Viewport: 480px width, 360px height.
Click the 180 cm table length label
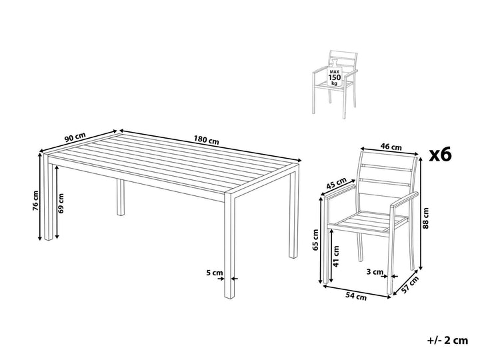[x=207, y=141]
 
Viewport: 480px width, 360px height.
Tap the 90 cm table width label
[x=74, y=138]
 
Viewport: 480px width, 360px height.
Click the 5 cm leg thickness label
[x=213, y=273]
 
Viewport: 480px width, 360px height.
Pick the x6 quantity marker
[x=439, y=155]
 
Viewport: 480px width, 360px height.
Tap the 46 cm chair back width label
[x=391, y=147]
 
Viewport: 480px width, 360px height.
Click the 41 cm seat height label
[x=337, y=255]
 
